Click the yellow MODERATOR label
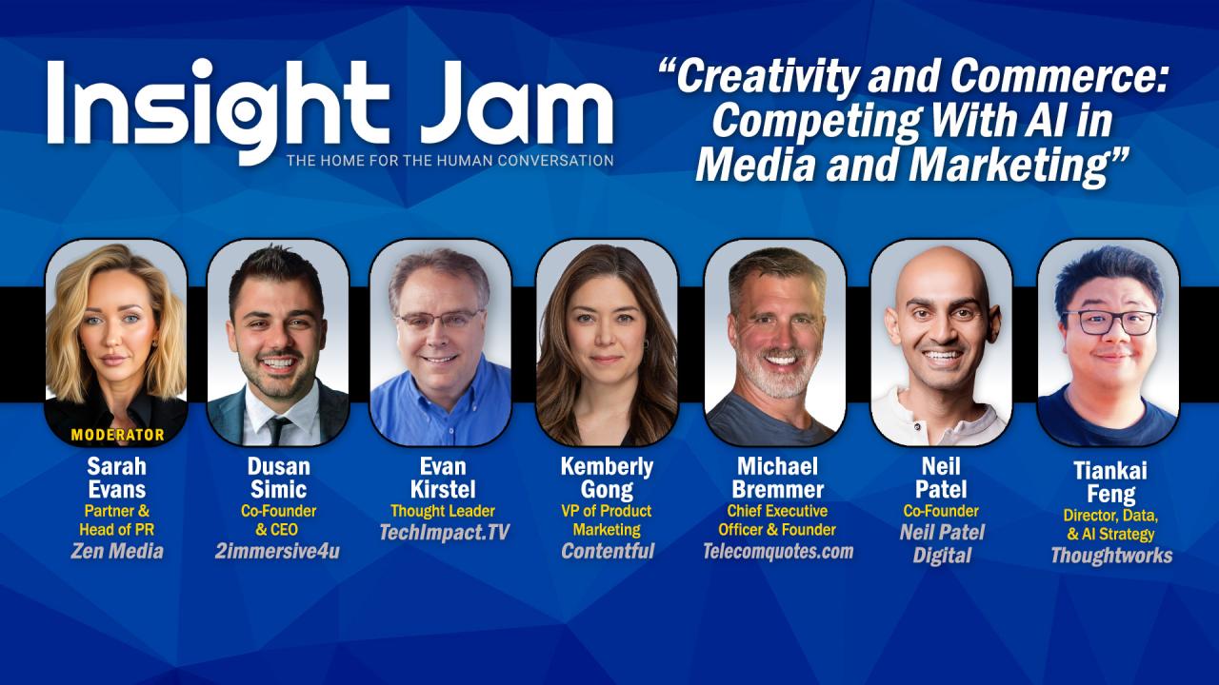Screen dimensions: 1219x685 pos(117,435)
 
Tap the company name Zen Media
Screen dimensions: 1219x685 pos(117,551)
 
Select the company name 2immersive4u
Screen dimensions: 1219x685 pos(277,551)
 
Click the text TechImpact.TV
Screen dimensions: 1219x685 pos(444,532)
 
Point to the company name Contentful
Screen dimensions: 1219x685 pos(608,551)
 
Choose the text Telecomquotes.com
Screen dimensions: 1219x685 pos(778,551)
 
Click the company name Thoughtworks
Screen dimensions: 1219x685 pos(1111,556)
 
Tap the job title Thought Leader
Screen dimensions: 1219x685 pos(443,511)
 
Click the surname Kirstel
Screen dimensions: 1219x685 pos(443,489)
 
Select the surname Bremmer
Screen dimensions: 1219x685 pos(778,489)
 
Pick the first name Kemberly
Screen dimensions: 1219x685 pos(608,466)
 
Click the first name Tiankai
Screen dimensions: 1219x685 pos(1110,470)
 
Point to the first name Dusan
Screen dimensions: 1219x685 pos(279,466)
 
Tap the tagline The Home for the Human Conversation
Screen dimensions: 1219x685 pos(450,161)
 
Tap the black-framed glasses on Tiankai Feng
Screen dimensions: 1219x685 pos(1109,323)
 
